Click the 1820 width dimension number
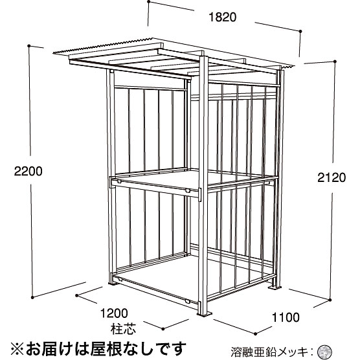pos(222,17)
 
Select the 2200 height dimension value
pos(28,172)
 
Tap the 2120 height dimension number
pos(332,177)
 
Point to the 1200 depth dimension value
pos(114,313)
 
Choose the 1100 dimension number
pos(286,317)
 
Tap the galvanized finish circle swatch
pos(324,351)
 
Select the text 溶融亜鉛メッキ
pos(269,352)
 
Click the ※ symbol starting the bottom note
pos(17,348)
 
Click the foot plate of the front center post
pos(205,314)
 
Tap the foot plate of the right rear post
pos(275,287)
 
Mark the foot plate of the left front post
pos(113,284)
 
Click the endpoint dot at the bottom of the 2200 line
pos(32,298)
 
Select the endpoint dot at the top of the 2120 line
pos(335,62)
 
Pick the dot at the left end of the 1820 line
pos(149,2)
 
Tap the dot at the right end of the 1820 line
pos(300,31)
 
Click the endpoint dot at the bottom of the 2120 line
pos(330,300)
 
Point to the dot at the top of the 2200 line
pos(29,46)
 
